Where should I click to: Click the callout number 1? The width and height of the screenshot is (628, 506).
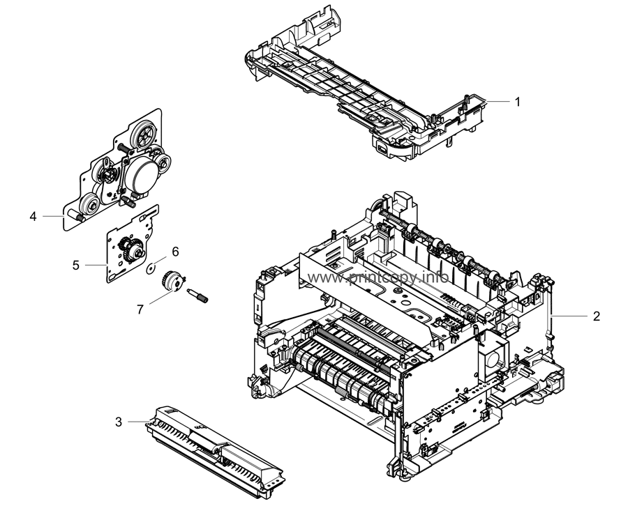pos(518,102)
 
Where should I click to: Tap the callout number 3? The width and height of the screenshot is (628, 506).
pos(119,422)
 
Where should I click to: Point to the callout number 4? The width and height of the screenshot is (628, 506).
pos(33,216)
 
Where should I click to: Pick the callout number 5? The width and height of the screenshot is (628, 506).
pos(76,266)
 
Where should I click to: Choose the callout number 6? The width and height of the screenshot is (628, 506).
pos(175,252)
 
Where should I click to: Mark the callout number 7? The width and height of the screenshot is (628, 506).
pos(140,309)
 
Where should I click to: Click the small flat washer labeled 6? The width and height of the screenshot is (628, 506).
pos(151,268)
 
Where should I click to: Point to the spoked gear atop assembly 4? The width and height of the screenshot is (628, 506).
pos(142,134)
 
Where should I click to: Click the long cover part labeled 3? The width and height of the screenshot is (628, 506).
pos(215,451)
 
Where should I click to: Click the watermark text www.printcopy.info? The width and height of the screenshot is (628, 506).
pos(377,277)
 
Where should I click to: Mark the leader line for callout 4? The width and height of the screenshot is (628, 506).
pos(53,216)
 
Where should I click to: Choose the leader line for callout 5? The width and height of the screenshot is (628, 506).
pos(96,266)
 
